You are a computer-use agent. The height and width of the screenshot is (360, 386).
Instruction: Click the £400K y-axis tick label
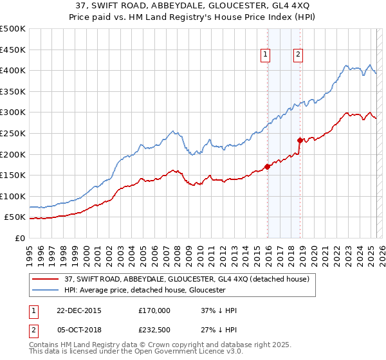pyautogui.click(x=13, y=70)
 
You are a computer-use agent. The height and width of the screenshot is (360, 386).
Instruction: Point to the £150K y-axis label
pyautogui.click(x=13, y=175)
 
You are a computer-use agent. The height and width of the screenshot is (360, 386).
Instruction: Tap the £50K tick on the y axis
pyautogui.click(x=15, y=217)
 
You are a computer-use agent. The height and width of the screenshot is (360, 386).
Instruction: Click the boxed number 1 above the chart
pyautogui.click(x=265, y=55)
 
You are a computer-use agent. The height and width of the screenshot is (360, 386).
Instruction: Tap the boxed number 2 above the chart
pyautogui.click(x=299, y=55)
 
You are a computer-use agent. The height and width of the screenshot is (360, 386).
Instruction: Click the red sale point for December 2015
pyautogui.click(x=268, y=166)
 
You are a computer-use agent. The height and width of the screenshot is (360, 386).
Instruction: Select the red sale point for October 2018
pyautogui.click(x=300, y=140)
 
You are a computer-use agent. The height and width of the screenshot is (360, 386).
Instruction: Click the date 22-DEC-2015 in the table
pyautogui.click(x=80, y=310)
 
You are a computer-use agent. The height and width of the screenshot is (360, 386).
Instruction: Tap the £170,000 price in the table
pyautogui.click(x=154, y=310)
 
